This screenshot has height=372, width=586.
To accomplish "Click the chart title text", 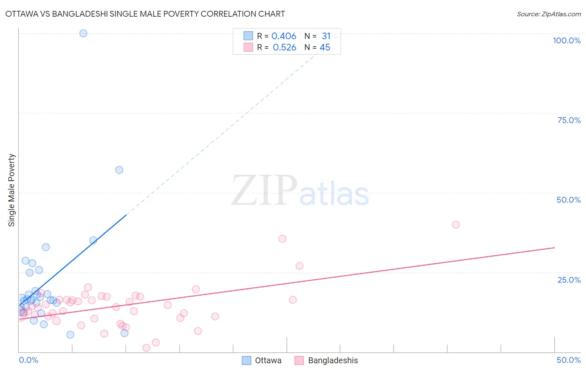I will (x=145, y=14).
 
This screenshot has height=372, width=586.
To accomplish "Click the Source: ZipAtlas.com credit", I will (x=548, y=14).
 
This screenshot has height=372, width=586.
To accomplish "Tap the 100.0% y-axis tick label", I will (x=566, y=40).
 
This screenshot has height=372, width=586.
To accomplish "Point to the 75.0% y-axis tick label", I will (x=569, y=120).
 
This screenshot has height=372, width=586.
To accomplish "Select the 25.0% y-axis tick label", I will (x=569, y=279).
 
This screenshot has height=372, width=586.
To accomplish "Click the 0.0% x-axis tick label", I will (x=28, y=360).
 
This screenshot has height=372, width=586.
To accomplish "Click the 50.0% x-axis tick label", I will (x=568, y=360).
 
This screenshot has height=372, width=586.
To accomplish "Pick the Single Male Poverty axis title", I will (x=12, y=190).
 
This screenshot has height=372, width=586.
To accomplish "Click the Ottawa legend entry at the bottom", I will (x=262, y=360).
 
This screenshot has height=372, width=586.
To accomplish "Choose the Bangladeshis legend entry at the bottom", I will (x=326, y=360).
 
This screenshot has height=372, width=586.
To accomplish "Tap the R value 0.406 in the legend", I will (x=284, y=36).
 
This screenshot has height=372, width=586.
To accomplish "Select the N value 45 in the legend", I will (x=325, y=48).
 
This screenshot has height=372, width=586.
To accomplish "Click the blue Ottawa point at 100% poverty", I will (x=83, y=33).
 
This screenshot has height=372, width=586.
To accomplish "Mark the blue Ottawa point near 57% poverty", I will (x=119, y=170).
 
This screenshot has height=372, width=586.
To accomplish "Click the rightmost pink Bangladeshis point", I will (x=456, y=225).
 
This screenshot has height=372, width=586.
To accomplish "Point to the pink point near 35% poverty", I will (x=282, y=239).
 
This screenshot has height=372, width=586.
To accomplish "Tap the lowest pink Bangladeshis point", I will (x=146, y=348).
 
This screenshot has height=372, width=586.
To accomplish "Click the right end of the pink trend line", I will (x=554, y=248).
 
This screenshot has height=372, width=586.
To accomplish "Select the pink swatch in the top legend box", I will (x=248, y=47).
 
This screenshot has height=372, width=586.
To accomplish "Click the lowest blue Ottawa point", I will (x=70, y=334).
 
